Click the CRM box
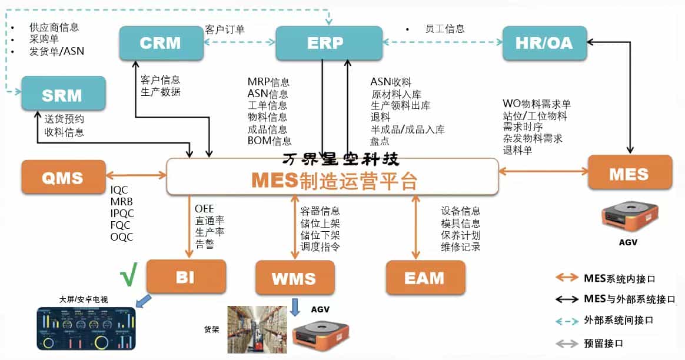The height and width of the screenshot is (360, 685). click(159, 42)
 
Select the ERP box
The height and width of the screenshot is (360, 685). click(325, 42)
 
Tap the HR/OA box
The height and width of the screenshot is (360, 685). click(544, 42)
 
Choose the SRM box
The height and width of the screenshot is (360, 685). click(63, 94)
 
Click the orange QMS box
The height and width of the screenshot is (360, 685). click(63, 176)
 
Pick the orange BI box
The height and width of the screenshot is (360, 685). click(185, 276)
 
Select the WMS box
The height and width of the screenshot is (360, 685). click(294, 278)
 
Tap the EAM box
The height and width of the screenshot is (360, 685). click(425, 277)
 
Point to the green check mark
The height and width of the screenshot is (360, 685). click(128, 276)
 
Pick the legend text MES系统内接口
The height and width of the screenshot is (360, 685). click(619, 278)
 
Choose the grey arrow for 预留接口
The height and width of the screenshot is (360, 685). click(566, 342)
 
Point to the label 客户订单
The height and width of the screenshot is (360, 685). click(225, 29)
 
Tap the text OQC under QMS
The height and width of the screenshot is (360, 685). click(122, 237)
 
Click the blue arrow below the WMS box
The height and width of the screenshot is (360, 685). click(295, 306)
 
